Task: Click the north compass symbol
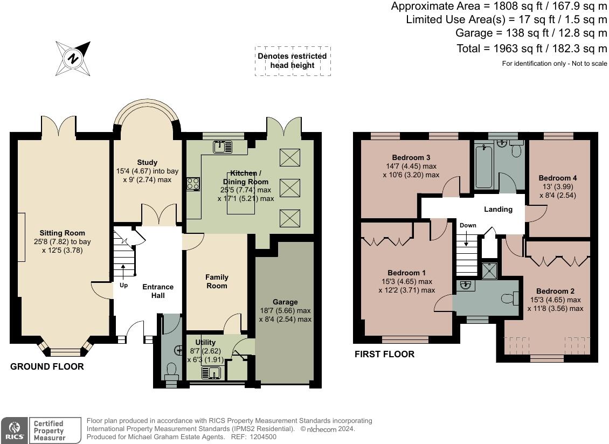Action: tap(73, 59)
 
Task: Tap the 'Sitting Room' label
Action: tap(62, 233)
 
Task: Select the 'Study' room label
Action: tap(147, 162)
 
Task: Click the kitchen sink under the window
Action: tap(223, 147)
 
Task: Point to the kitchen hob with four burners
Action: tap(193, 184)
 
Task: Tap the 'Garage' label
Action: tap(285, 302)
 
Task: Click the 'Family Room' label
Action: tap(217, 281)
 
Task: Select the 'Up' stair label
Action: tap(123, 285)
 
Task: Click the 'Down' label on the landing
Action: tap(468, 225)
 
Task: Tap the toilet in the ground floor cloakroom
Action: tap(171, 371)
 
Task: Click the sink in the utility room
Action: tap(211, 373)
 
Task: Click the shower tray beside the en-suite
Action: tap(489, 270)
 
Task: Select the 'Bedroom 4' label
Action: tap(558, 178)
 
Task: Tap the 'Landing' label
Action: tap(499, 210)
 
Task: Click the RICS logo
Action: tap(15, 430)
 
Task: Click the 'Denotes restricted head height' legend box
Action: tap(293, 61)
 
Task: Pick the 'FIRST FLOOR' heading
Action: tap(384, 354)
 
